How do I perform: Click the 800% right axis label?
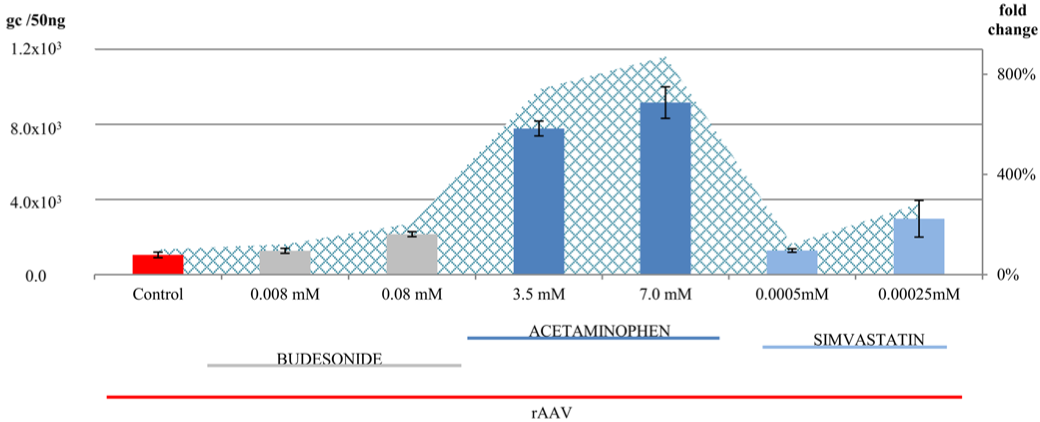point(1015,74)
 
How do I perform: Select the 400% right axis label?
point(1015,175)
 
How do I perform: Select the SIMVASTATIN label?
point(869,340)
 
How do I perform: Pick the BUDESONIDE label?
point(329,359)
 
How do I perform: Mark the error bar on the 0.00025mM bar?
point(919,218)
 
